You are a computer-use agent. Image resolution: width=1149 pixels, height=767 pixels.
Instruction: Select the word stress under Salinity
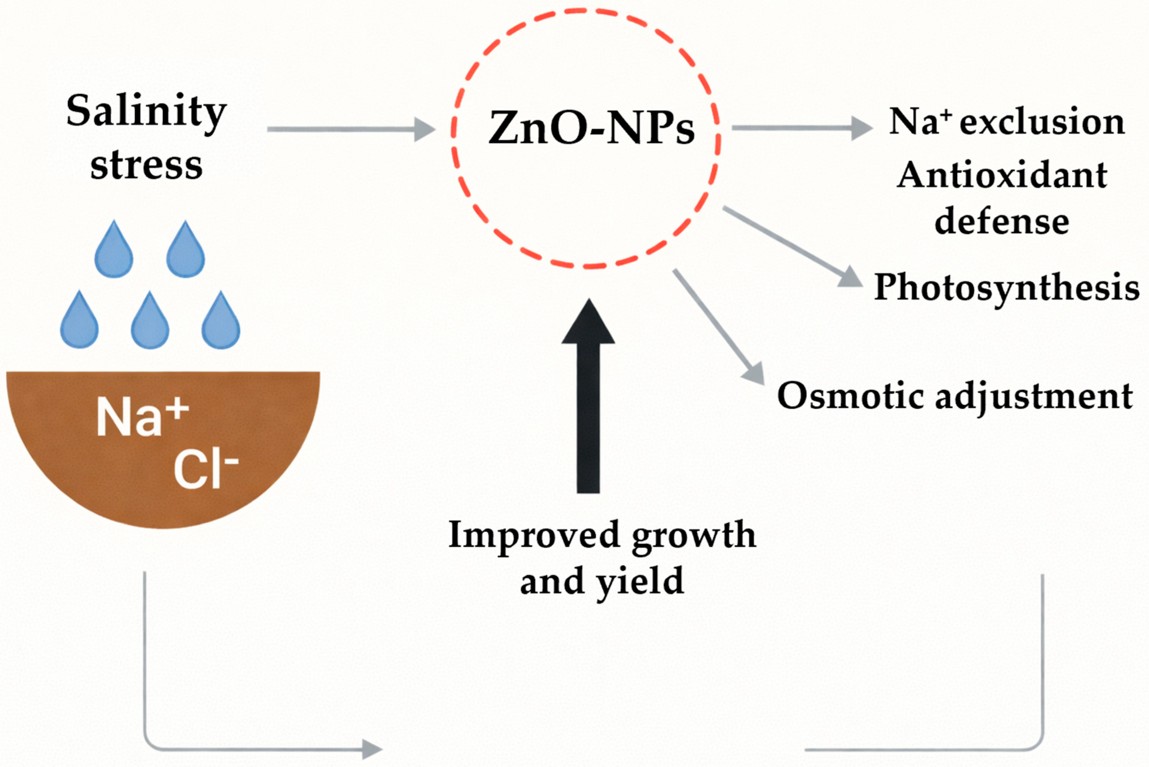[x=146, y=165]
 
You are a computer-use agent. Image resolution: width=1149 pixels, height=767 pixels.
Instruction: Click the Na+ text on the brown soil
[x=142, y=417]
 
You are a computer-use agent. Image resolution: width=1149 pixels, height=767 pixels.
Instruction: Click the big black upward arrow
[x=588, y=396]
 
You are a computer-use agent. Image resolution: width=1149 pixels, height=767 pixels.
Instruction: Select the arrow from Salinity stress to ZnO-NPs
[x=351, y=129]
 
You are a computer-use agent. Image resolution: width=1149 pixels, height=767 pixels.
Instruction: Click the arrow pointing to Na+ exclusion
[x=802, y=128]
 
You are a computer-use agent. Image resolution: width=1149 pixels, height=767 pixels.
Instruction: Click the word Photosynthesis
[x=1006, y=288]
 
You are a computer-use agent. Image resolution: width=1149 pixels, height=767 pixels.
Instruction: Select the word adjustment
[x=1034, y=397]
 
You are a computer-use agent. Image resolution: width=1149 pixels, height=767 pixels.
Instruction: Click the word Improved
[x=534, y=535]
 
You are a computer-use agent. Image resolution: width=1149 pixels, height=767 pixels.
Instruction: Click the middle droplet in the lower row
[x=150, y=321]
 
